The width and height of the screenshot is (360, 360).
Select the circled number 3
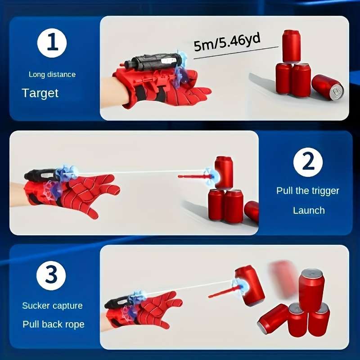[51, 274]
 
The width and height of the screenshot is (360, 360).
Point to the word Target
[40, 93]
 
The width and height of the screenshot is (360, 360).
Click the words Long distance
[52, 74]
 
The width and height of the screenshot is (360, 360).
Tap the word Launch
[309, 210]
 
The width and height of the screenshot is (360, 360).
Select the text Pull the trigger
[308, 191]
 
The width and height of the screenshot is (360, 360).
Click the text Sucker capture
[52, 306]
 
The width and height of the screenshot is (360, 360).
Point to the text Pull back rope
[53, 324]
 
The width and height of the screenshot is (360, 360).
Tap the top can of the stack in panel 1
[291, 46]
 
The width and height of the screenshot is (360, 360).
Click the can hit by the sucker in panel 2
[224, 172]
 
